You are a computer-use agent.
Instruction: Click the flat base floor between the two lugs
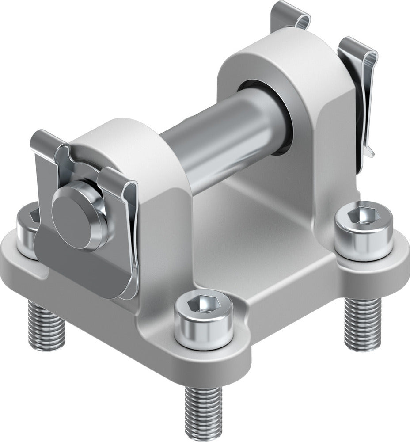click(247, 230)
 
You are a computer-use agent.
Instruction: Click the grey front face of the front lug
click(159, 248)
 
